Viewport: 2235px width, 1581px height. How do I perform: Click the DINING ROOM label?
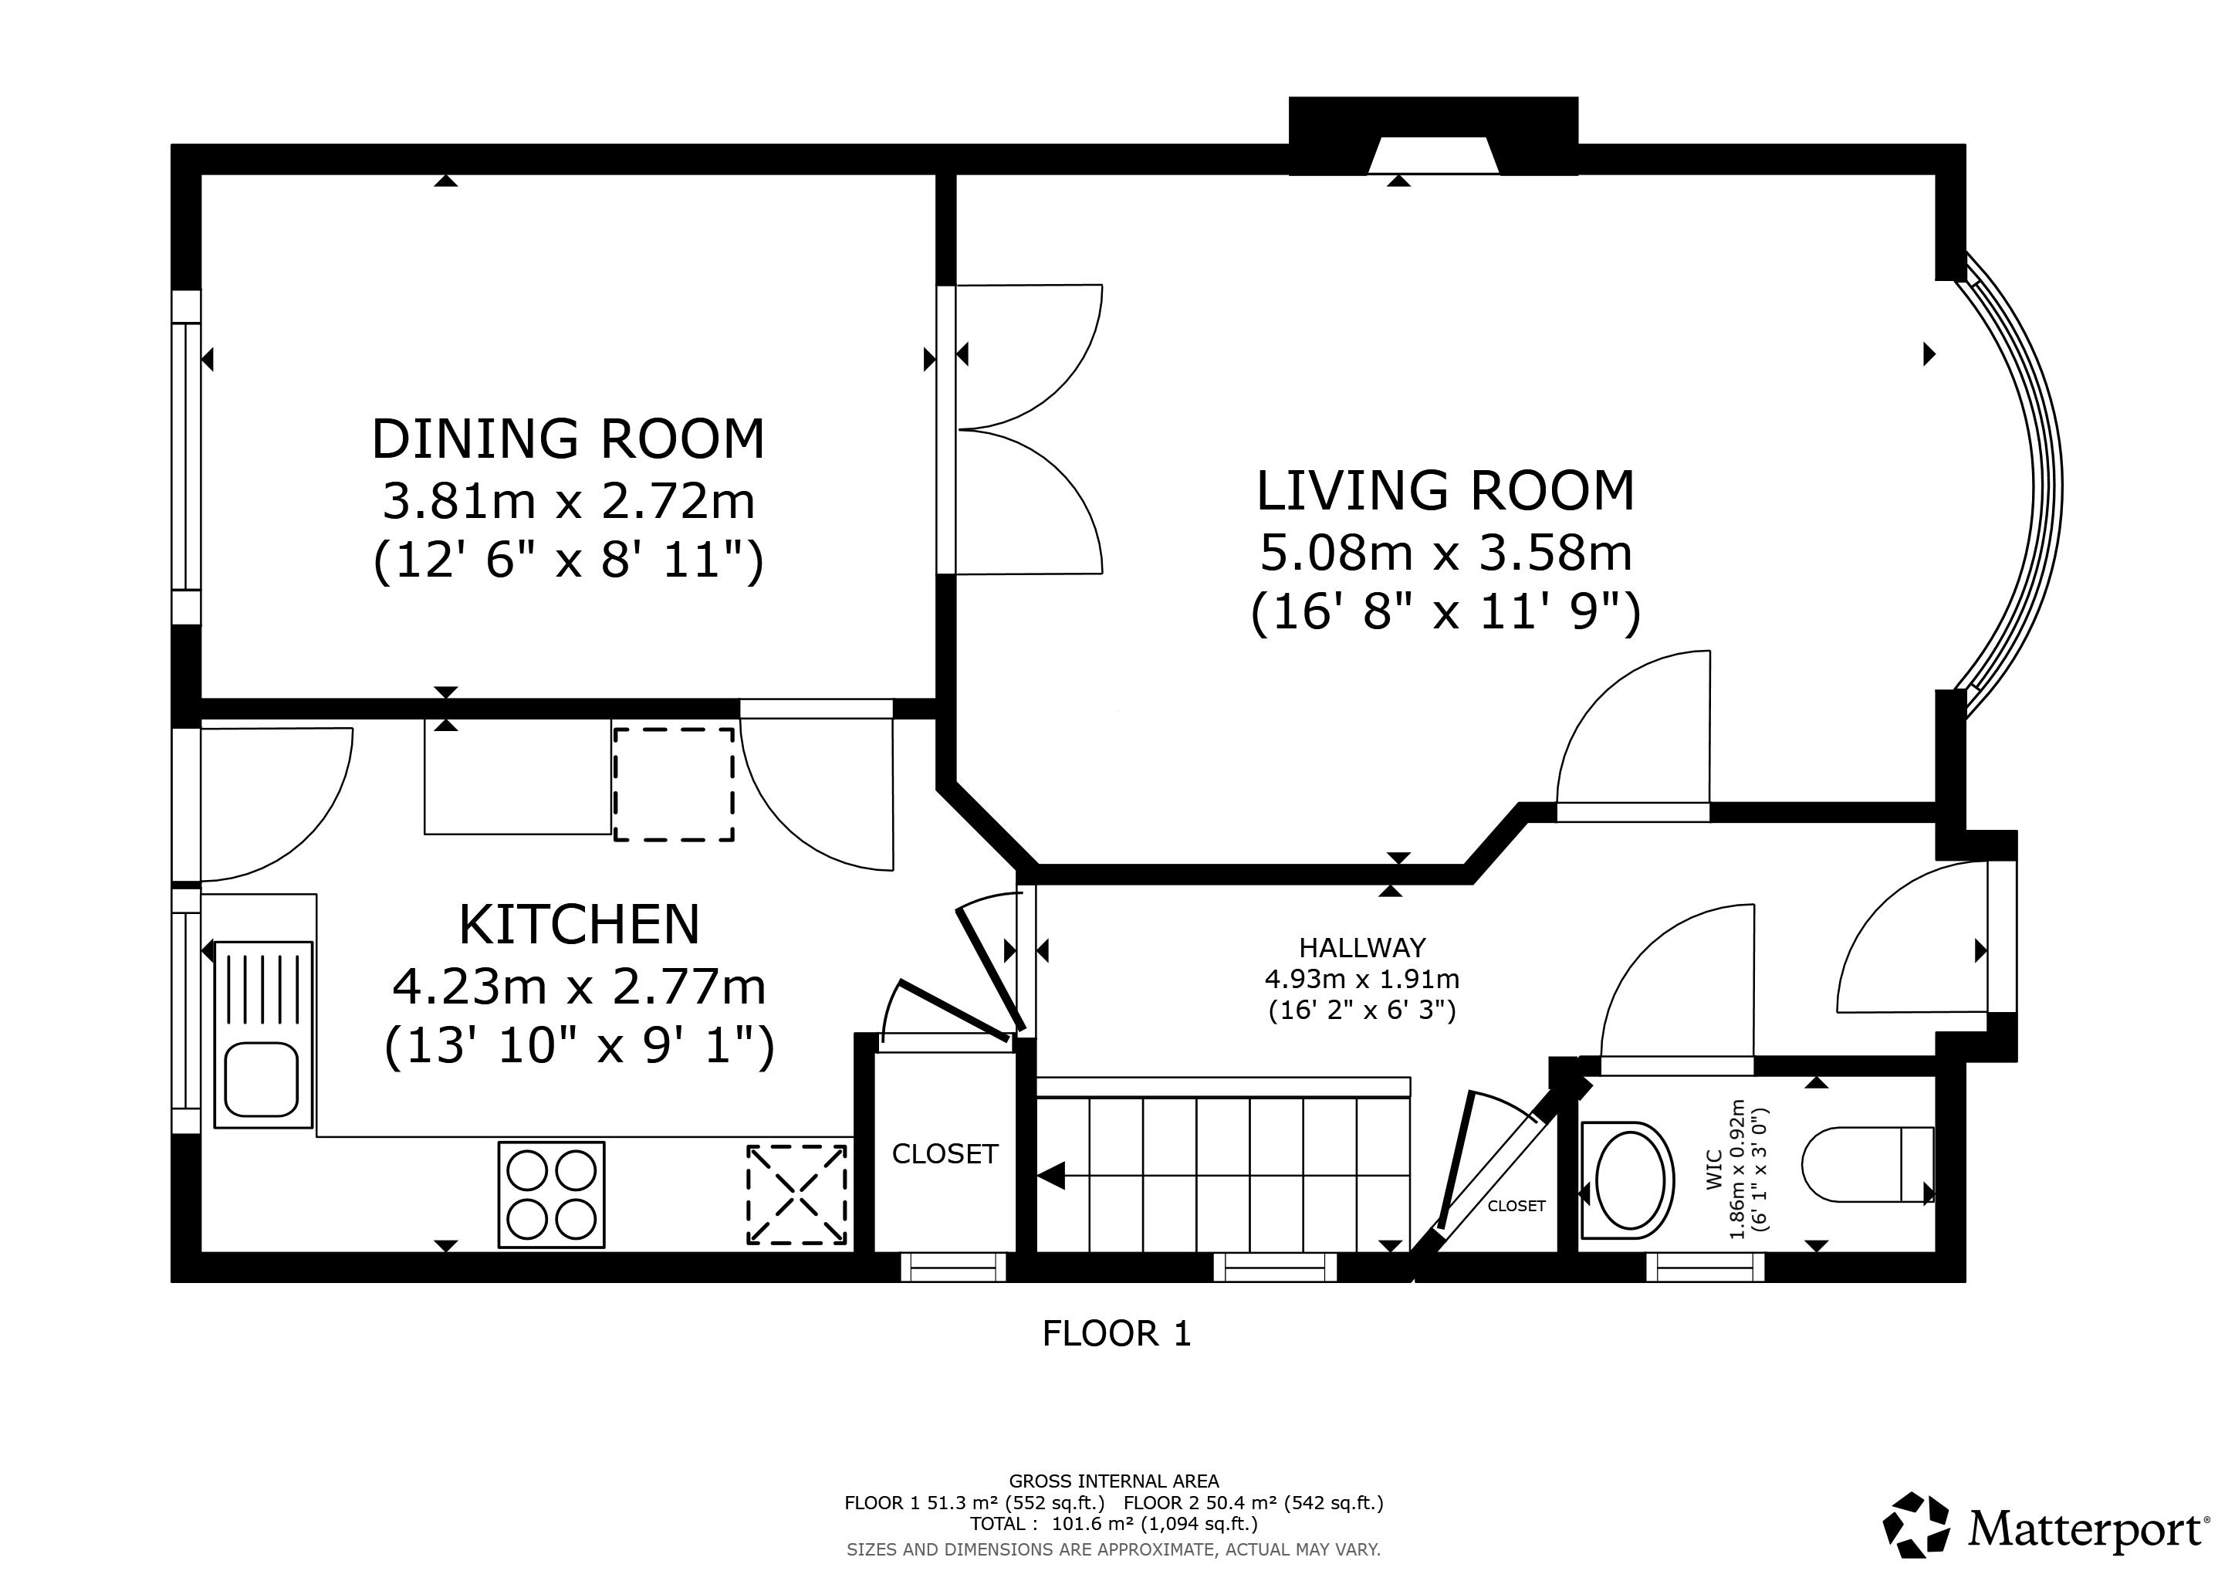point(569,439)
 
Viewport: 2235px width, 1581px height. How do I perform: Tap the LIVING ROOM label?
point(1445,491)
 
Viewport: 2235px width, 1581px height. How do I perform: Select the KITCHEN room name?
point(579,925)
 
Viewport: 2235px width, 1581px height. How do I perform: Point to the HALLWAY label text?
point(1362,947)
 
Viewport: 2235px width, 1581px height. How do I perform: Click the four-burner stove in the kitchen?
point(551,1194)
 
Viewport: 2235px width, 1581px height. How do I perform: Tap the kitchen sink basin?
point(261,1080)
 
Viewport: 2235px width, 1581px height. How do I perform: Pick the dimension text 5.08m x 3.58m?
point(1445,553)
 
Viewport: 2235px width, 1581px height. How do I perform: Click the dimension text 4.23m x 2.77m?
point(579,987)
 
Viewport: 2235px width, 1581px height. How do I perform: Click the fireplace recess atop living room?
point(1433,156)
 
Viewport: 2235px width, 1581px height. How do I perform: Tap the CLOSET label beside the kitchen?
point(944,1153)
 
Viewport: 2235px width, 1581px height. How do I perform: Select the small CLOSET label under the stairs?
point(1516,1206)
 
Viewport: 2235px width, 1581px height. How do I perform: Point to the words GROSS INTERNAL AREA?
point(1114,1481)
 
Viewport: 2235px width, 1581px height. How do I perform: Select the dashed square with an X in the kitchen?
point(796,1194)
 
